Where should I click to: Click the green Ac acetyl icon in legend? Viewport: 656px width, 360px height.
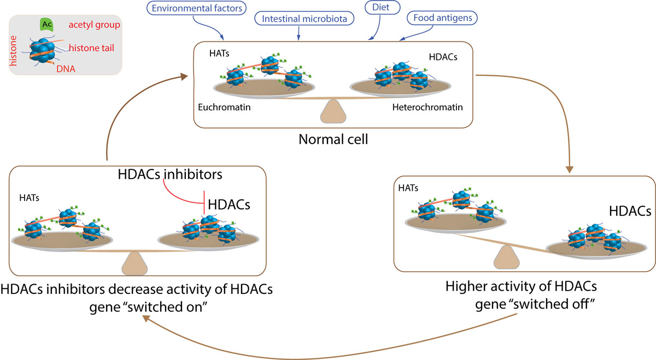click(x=46, y=25)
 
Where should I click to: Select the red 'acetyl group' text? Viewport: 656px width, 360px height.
click(x=95, y=25)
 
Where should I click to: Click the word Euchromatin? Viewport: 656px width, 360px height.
click(x=224, y=108)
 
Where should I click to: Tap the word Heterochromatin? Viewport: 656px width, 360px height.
click(x=427, y=108)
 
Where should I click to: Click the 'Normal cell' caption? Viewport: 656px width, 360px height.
click(x=333, y=139)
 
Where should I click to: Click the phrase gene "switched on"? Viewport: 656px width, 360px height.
click(x=153, y=305)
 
